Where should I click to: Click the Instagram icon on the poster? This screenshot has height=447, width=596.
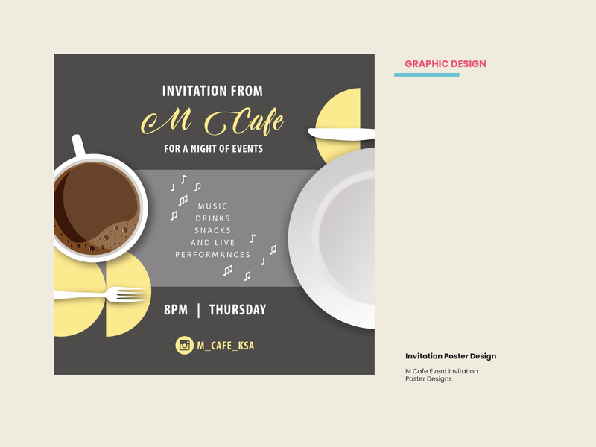click(184, 346)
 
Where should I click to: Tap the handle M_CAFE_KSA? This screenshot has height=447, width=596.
click(226, 346)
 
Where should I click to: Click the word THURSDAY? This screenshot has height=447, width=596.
click(238, 310)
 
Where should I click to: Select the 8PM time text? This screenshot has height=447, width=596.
click(176, 310)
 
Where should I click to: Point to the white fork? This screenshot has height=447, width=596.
click(101, 294)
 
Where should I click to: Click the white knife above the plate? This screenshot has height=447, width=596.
click(341, 133)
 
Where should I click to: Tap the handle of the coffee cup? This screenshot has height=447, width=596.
click(78, 145)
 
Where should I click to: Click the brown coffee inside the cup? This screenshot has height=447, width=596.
click(97, 207)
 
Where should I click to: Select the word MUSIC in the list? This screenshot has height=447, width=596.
click(212, 206)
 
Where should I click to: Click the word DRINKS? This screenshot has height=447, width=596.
click(212, 218)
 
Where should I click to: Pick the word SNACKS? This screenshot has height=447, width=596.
click(212, 231)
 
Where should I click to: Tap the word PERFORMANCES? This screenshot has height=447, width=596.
click(212, 255)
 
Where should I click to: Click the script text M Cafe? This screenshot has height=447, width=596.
click(212, 121)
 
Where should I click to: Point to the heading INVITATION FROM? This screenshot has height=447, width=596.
click(212, 91)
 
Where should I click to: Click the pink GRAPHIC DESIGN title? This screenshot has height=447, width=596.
click(445, 64)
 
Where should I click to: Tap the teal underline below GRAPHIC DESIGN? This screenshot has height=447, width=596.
click(426, 75)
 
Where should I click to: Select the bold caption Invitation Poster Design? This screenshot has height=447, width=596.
click(451, 356)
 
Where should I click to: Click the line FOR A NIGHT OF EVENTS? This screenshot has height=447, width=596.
click(213, 148)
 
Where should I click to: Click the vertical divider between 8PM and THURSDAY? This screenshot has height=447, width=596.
click(198, 310)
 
